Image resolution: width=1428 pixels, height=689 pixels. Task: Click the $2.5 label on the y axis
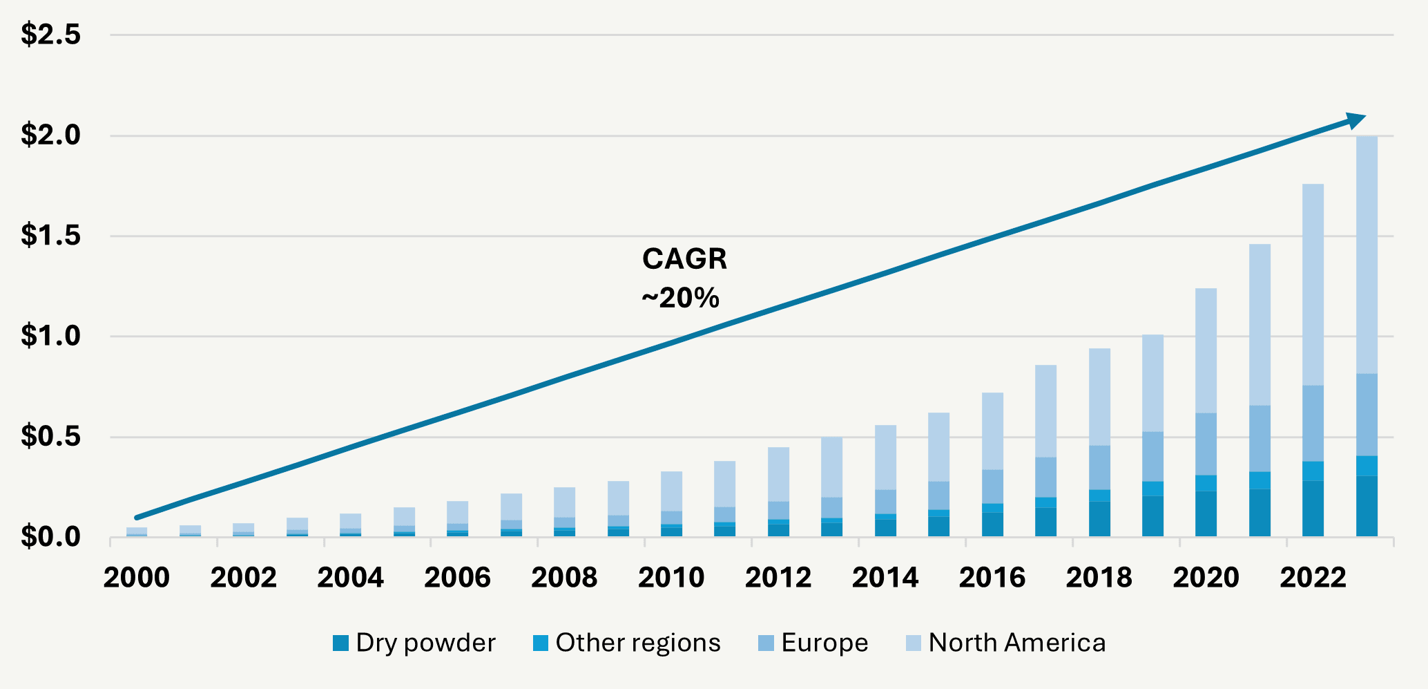pos(50,35)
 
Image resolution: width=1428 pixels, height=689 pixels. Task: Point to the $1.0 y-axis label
pos(50,337)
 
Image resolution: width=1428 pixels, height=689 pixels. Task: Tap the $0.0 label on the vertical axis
pos(50,537)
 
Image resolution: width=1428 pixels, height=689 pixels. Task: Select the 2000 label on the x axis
pos(137,578)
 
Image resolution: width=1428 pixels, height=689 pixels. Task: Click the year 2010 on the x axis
pos(671,578)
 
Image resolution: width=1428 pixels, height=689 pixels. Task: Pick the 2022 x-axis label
pos(1313,578)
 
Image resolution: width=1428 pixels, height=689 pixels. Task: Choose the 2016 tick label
pos(992,578)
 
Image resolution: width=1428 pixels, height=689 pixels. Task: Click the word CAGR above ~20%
pos(684,259)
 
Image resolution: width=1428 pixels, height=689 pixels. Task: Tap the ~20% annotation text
pos(681,298)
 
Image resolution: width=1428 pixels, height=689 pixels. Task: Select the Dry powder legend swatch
pos(340,643)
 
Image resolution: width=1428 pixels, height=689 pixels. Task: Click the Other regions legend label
pos(637,643)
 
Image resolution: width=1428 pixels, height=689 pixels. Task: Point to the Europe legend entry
pos(824,643)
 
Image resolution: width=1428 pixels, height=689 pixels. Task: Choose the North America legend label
pos(1016,643)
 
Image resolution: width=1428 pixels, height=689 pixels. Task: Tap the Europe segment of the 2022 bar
pos(1313,423)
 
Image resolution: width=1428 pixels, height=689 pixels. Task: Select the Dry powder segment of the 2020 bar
pos(1206,513)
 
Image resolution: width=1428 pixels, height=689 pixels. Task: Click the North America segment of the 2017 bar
pos(1045,411)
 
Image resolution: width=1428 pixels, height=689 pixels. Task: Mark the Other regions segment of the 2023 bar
pos(1367,466)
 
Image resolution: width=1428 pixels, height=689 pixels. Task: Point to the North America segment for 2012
pos(778,474)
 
